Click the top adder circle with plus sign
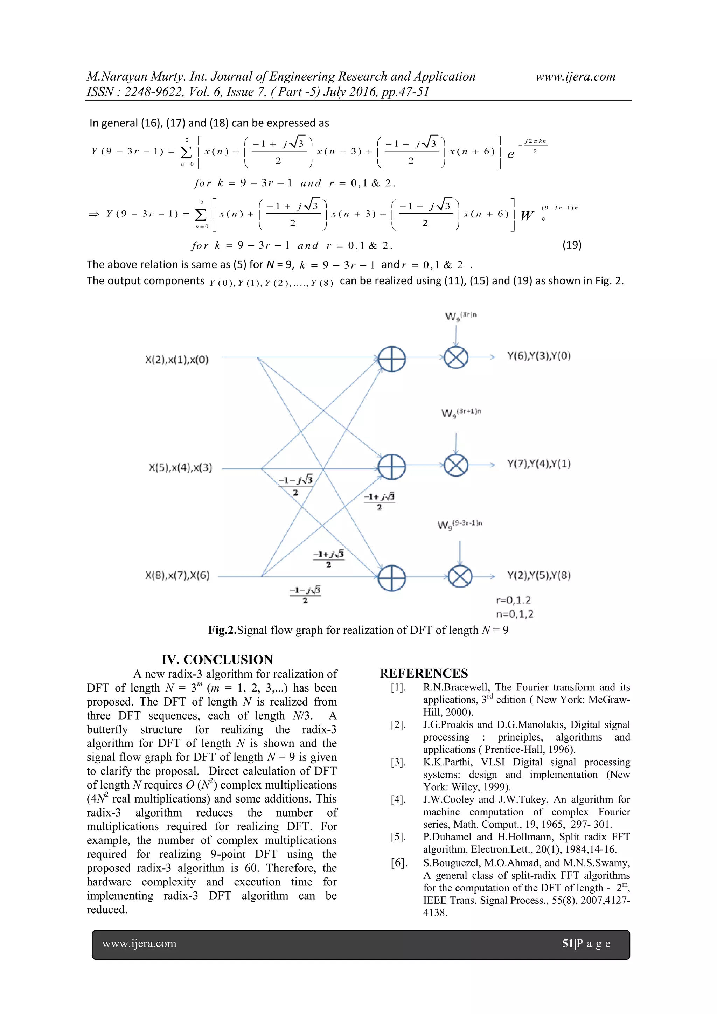point(392,359)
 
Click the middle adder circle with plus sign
point(392,466)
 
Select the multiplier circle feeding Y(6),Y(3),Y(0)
point(455,357)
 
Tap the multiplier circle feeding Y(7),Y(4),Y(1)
point(455,465)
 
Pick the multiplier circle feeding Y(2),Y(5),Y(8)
point(460,577)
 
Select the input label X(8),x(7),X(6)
point(177,576)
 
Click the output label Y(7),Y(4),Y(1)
point(539,464)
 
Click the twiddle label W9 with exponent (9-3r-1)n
point(460,525)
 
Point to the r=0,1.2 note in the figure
point(514,600)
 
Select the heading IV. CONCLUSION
point(217,659)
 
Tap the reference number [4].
point(398,799)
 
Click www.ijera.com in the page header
point(575,76)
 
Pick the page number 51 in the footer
point(567,943)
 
